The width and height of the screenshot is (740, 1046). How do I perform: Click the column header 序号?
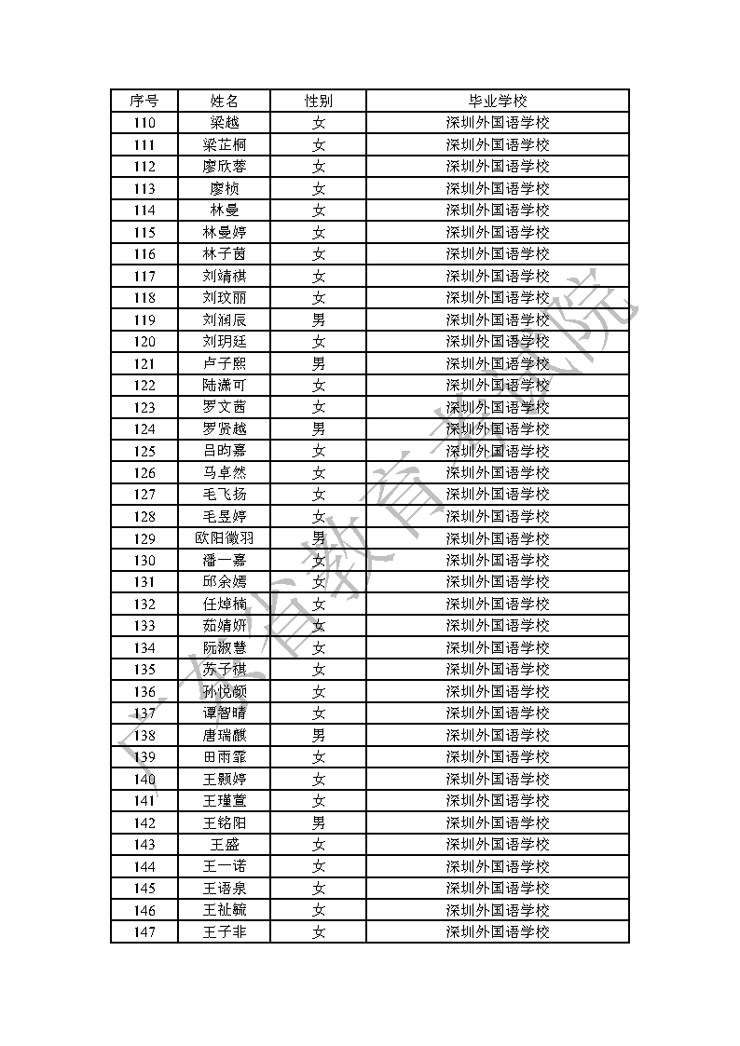click(144, 101)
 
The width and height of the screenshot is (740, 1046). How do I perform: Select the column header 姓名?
click(224, 101)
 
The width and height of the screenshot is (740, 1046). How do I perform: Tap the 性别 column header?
click(318, 101)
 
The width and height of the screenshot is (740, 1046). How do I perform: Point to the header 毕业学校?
click(498, 101)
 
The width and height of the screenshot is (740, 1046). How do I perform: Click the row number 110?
click(144, 123)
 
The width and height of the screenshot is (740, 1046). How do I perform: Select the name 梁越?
click(224, 123)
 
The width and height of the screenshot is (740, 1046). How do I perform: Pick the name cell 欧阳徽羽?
click(224, 538)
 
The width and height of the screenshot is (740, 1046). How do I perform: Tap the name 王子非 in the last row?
click(224, 932)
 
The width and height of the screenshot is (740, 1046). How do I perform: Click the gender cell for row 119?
click(318, 319)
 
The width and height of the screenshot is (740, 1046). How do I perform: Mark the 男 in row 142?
click(318, 822)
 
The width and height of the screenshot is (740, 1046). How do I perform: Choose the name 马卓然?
click(224, 472)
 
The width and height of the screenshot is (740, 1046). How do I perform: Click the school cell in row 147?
click(498, 932)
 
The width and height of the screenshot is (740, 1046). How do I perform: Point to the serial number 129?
click(144, 538)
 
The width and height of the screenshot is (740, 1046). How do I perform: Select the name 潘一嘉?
click(224, 560)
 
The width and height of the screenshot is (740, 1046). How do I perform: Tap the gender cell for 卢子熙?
click(318, 363)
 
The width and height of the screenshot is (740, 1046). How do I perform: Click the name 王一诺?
click(224, 866)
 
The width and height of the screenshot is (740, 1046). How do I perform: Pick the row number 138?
click(144, 735)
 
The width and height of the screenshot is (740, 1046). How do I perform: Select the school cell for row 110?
click(498, 123)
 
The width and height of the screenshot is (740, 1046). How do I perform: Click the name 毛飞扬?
click(224, 495)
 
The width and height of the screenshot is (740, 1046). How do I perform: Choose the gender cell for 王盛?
click(318, 845)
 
